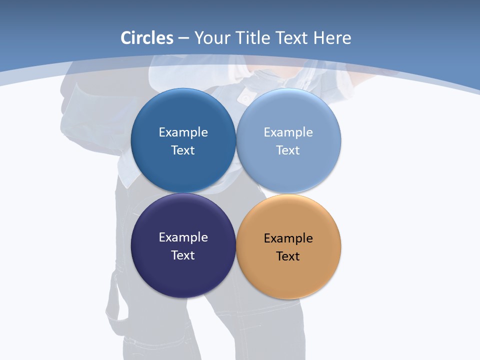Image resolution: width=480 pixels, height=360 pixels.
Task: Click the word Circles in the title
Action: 147,38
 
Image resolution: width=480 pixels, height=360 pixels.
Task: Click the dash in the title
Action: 183,38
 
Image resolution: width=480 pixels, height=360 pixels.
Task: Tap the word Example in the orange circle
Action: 288,238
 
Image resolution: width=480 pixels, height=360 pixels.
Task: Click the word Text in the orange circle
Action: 288,256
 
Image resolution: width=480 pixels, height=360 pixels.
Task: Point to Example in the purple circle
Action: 183,237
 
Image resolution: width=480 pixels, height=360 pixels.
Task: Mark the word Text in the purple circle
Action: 183,255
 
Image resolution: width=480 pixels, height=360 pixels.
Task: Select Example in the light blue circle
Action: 288,132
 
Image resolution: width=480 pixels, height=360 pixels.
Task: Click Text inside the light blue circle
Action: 288,150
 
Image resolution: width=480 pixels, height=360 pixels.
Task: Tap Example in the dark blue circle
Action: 183,132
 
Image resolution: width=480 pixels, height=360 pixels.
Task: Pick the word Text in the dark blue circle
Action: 183,150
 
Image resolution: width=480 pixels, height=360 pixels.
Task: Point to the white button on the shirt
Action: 245,97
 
